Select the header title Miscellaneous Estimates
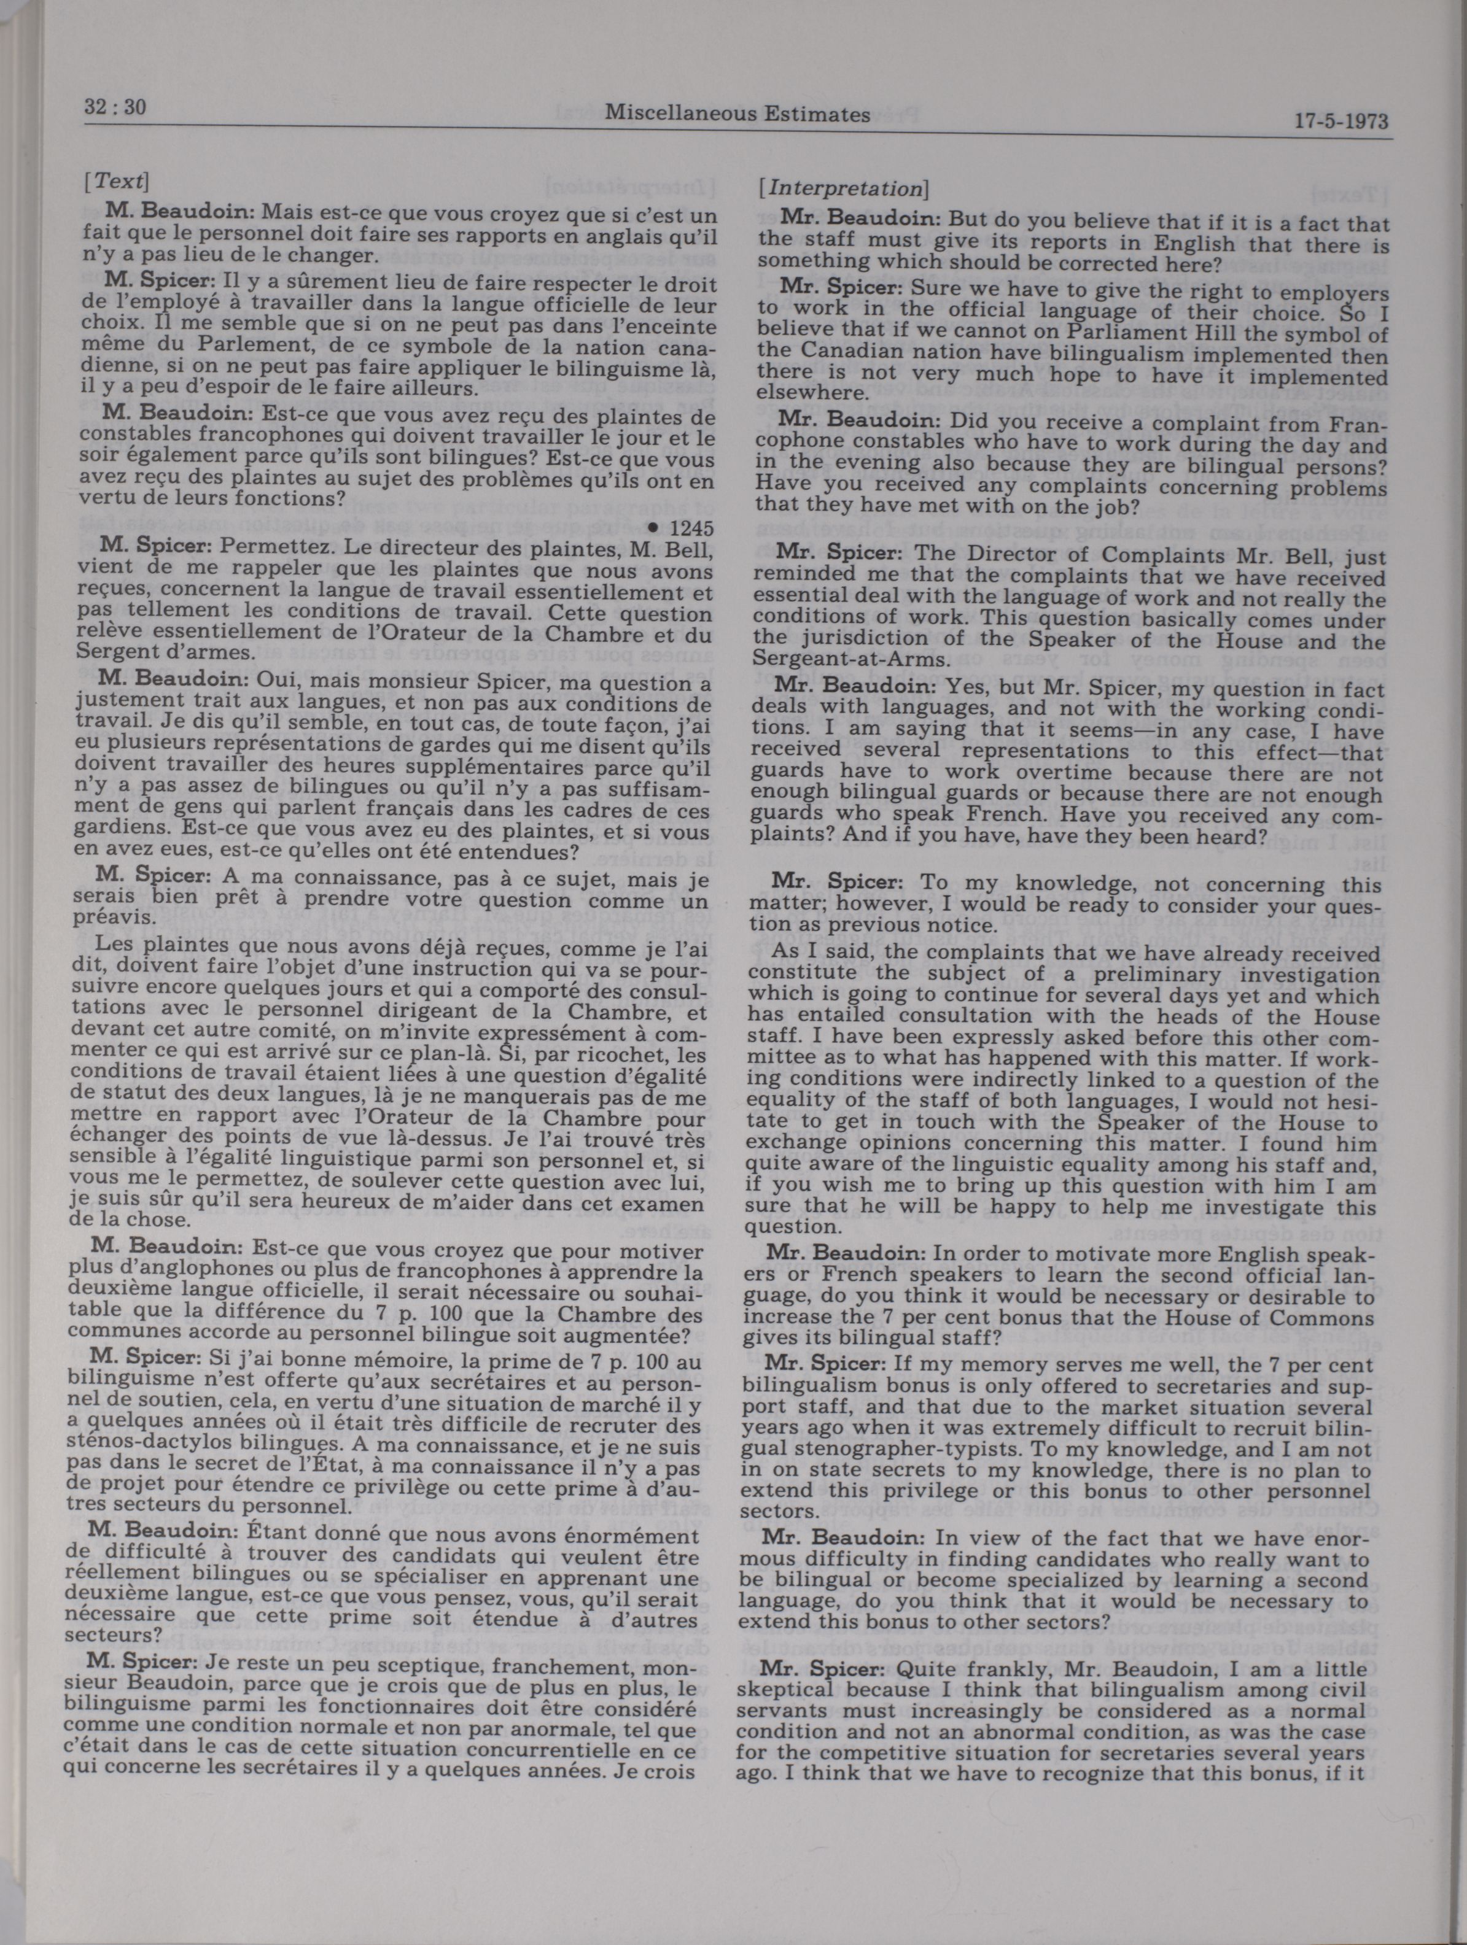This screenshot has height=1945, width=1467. pyautogui.click(x=745, y=114)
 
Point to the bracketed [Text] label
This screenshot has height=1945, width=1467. pyautogui.click(x=116, y=181)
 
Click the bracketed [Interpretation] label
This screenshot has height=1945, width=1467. pyautogui.click(x=842, y=188)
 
